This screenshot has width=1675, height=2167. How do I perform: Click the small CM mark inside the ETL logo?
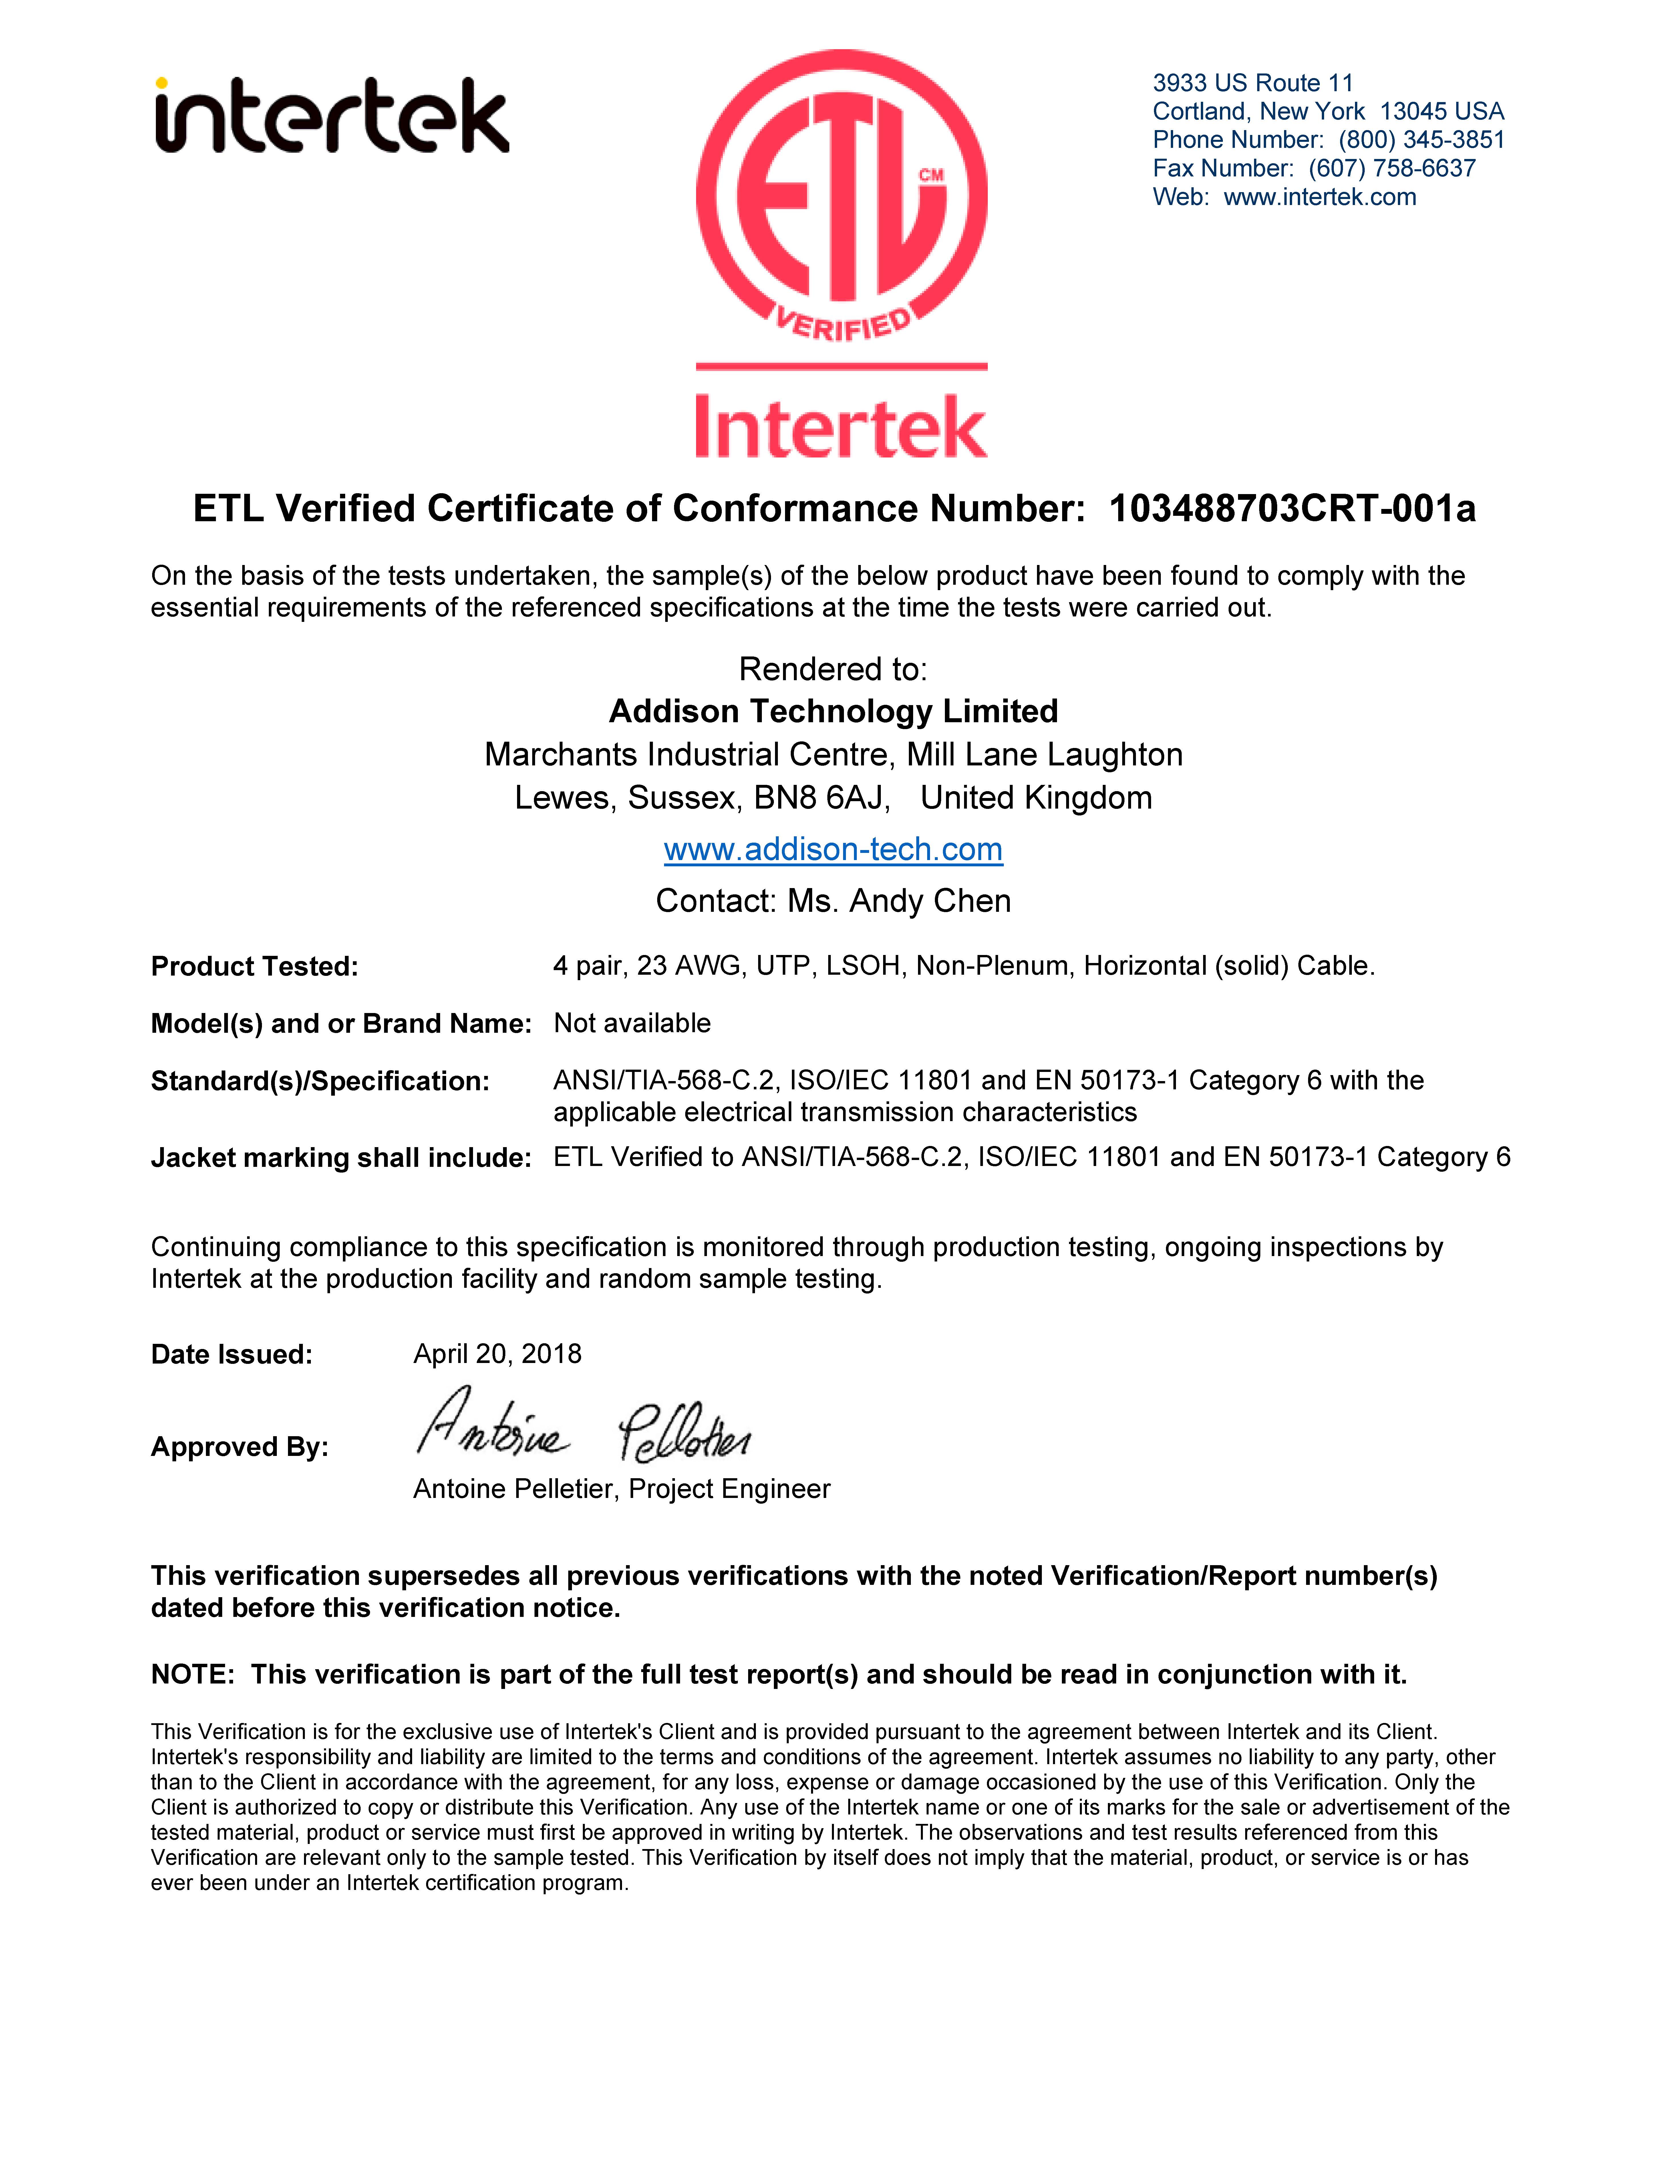931,176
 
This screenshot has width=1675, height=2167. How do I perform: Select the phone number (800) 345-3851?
1421,140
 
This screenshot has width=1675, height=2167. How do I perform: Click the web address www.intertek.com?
1320,198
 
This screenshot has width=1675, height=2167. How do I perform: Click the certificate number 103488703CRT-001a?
1292,509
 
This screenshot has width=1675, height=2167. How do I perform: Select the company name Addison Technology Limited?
834,711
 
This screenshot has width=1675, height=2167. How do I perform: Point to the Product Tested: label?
254,966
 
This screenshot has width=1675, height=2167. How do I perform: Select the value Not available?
632,1023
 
